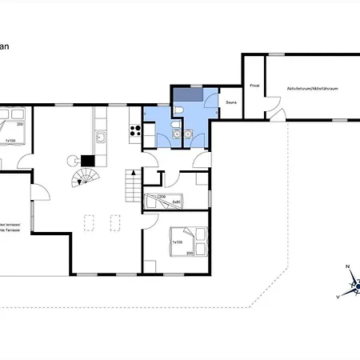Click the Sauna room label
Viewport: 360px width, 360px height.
[231, 102]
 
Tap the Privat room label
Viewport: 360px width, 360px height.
[254, 85]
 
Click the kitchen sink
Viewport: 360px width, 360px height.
[101, 138]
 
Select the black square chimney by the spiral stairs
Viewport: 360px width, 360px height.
[87, 158]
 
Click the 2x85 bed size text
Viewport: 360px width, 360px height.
[175, 202]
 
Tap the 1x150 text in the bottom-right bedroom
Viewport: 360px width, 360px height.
[177, 242]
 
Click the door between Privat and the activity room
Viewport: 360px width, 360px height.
[270, 103]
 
